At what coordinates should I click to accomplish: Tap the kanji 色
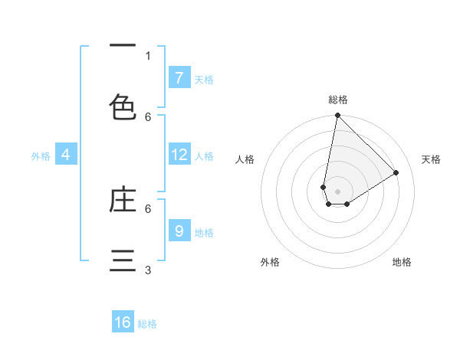pos(123,106)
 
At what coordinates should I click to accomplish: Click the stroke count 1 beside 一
pos(148,55)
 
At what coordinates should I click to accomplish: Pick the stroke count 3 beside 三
pos(148,270)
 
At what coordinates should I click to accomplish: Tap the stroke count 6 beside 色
pos(148,116)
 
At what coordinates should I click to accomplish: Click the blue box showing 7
pos(179,77)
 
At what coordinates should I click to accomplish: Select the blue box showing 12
pos(179,155)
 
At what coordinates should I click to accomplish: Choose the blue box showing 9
pos(179,231)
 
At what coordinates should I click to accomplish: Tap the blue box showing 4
pos(66,155)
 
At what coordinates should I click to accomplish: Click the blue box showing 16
pos(123,322)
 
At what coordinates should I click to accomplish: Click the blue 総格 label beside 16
pos(147,324)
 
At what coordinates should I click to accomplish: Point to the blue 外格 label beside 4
pos(41,156)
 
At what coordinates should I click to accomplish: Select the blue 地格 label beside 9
pos(204,232)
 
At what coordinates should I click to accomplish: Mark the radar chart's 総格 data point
pos(337,116)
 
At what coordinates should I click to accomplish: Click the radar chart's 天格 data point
pos(396,172)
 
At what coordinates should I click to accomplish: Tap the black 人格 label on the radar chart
pos(245,160)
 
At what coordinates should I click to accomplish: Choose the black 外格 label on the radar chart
pos(269,262)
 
